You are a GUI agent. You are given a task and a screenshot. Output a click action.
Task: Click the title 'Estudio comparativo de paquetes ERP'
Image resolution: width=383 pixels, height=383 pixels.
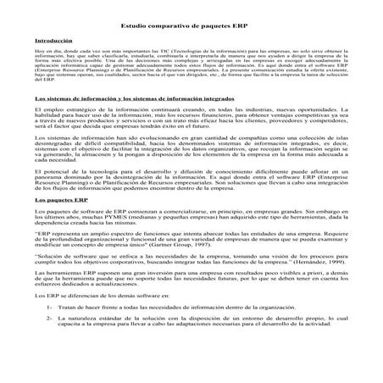(191, 25)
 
